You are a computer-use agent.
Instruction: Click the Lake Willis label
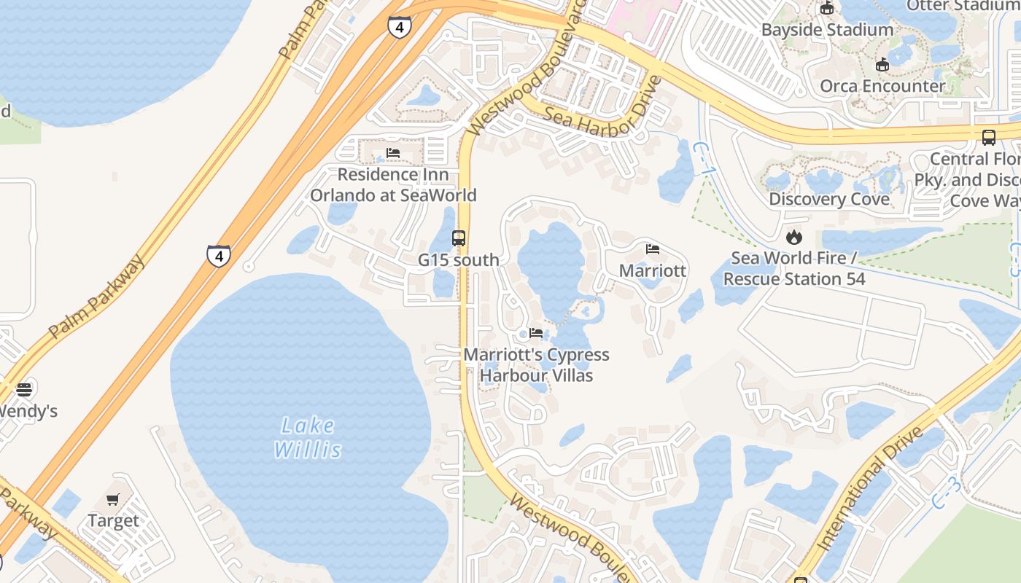307,437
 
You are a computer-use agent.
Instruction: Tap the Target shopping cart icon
112,500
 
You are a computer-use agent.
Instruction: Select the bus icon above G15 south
459,238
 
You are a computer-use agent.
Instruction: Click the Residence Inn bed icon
393,153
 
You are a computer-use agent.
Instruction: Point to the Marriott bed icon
653,249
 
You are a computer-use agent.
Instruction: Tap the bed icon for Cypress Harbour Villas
536,333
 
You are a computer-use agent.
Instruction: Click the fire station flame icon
793,237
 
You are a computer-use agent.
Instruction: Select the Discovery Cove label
829,199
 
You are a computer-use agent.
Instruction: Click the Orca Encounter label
882,86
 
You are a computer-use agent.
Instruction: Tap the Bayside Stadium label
827,30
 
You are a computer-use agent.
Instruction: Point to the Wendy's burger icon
24,390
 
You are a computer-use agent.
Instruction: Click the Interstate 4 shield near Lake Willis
218,256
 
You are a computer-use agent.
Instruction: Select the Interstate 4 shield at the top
399,28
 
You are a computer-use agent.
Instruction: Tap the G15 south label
459,260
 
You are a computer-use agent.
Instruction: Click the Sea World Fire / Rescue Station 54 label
794,268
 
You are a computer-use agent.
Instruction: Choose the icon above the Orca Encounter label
882,64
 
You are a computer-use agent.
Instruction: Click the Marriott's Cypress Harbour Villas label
537,365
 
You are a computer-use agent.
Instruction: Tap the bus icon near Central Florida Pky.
989,137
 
